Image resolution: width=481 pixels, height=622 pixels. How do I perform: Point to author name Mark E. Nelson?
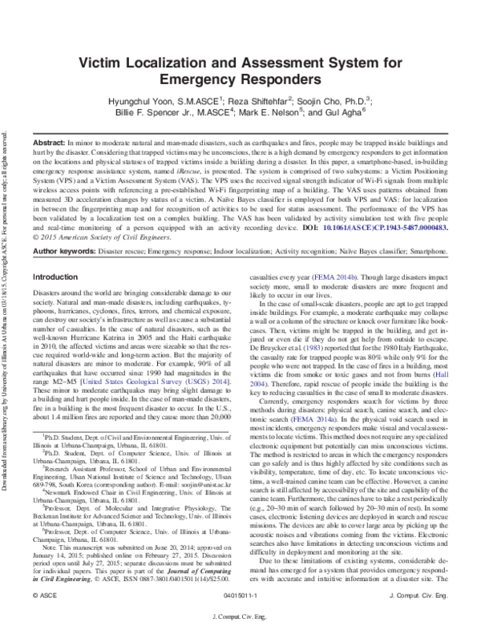[x=268, y=114]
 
